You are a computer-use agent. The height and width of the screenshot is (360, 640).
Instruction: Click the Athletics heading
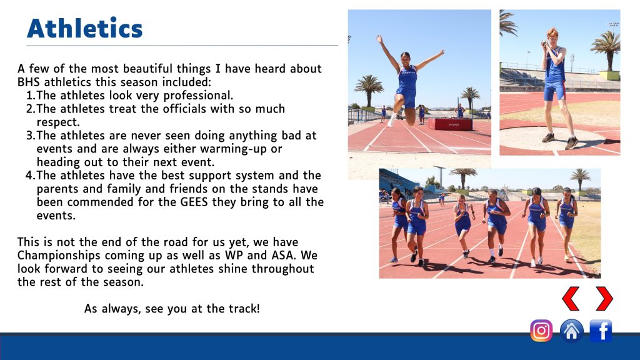tap(85, 28)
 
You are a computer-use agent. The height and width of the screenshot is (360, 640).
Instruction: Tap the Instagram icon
tap(541, 330)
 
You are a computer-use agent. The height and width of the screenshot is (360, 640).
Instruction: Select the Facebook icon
tap(601, 330)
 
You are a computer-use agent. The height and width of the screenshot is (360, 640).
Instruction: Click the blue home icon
tap(571, 330)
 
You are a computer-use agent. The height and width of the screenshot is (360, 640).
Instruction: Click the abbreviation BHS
tap(29, 82)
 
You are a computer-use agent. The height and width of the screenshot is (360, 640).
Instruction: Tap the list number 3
tap(30, 136)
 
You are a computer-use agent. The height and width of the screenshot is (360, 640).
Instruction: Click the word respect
tap(57, 122)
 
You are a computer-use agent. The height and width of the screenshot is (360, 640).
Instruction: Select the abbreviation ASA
tap(282, 256)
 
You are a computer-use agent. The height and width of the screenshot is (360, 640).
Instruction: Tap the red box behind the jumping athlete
tap(449, 124)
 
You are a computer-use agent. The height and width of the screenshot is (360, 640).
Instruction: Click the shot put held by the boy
tap(544, 43)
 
